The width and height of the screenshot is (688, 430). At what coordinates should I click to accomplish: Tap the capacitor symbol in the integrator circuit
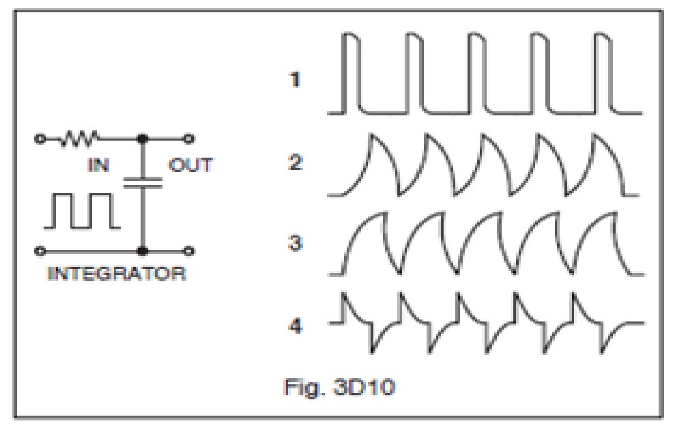pyautogui.click(x=143, y=182)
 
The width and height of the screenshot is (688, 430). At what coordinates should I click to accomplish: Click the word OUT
pyautogui.click(x=191, y=164)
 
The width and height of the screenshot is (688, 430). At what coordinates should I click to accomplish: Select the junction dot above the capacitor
pyautogui.click(x=143, y=140)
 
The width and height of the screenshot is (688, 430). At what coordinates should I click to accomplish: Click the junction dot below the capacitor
pyautogui.click(x=143, y=250)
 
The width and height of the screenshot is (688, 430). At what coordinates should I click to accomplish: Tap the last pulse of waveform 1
pyautogui.click(x=603, y=72)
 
